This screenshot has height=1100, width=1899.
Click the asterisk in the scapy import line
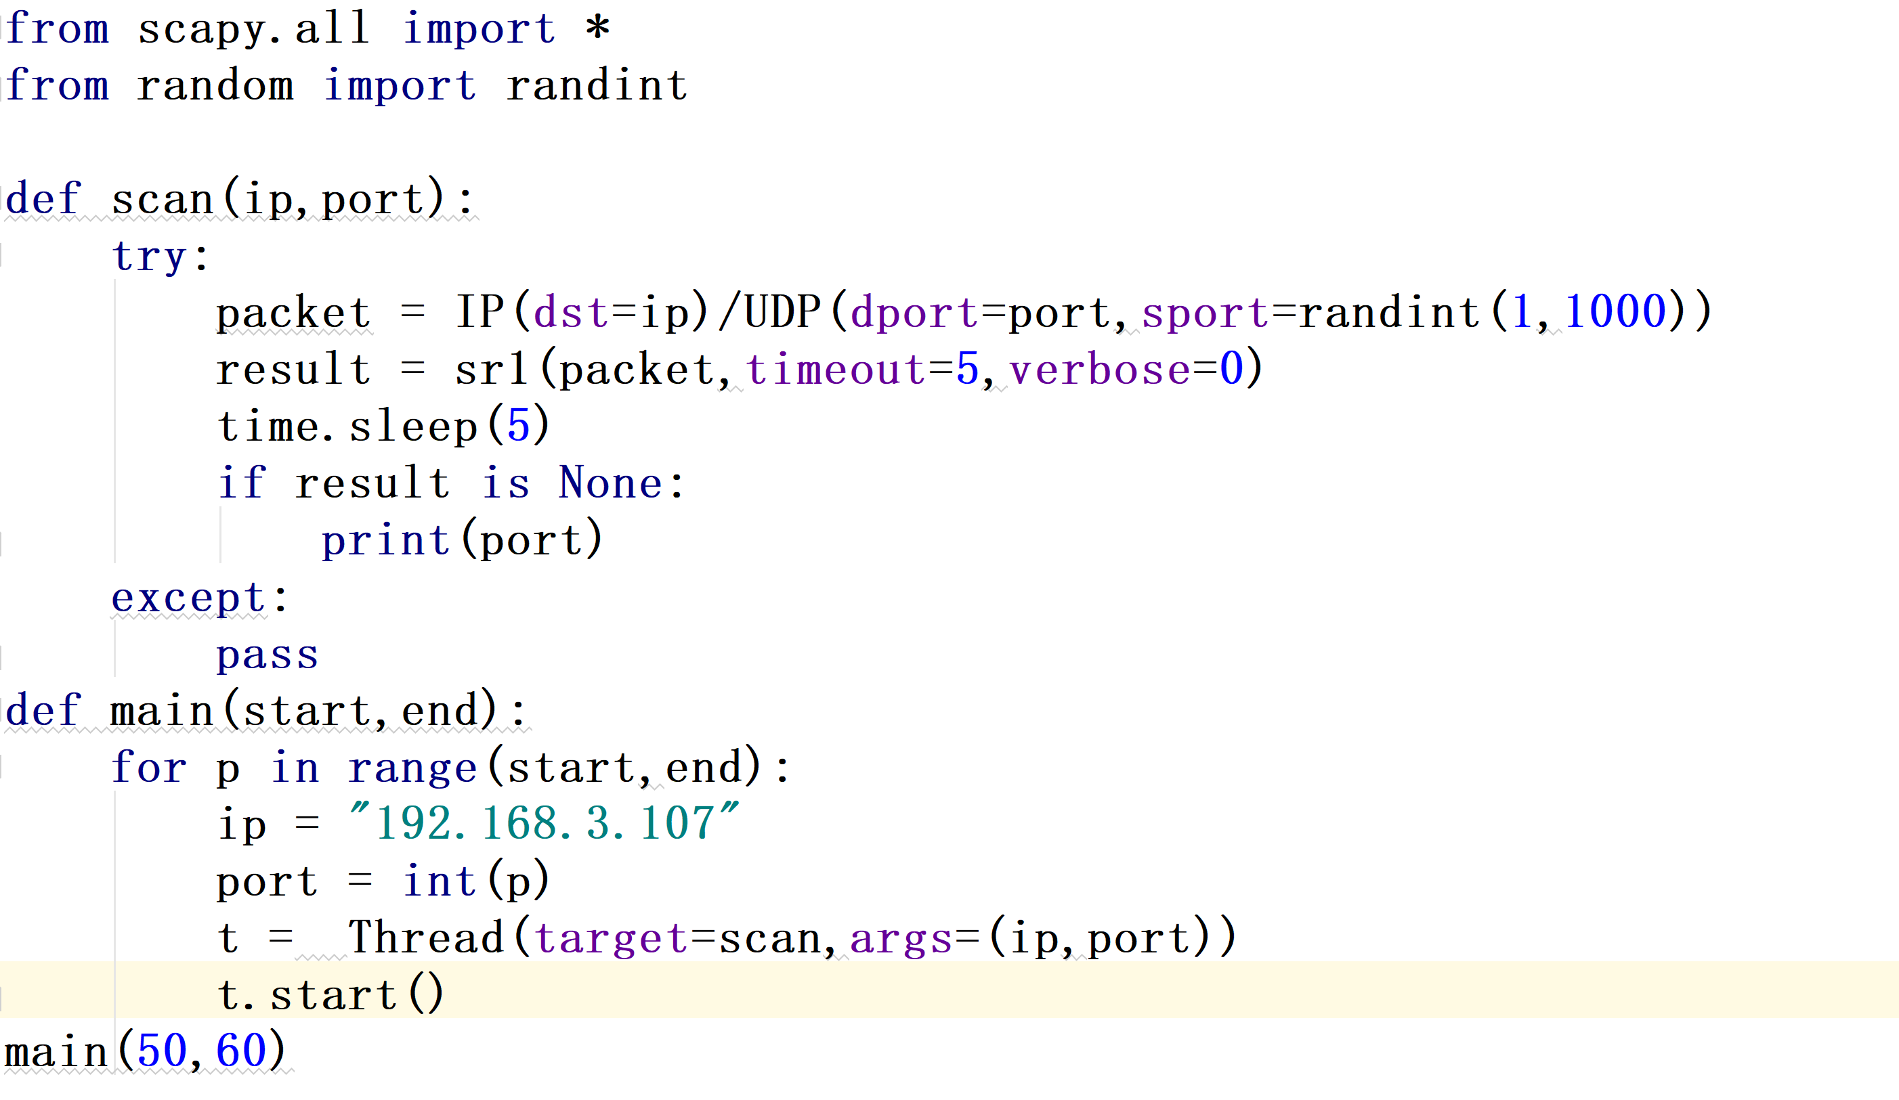(597, 28)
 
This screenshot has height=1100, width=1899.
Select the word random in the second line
(215, 85)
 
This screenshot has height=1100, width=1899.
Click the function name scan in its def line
(163, 200)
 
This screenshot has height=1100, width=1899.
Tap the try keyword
(149, 257)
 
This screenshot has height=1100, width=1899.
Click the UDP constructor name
(782, 312)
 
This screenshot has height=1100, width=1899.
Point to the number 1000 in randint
(1615, 312)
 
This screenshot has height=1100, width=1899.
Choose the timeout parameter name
(836, 370)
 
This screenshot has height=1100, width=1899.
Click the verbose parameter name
(1099, 370)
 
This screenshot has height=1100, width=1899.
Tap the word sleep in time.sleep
(413, 426)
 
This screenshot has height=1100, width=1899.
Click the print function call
(386, 541)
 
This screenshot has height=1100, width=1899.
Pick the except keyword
(188, 598)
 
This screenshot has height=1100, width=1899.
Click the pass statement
(268, 655)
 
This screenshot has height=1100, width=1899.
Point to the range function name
(412, 768)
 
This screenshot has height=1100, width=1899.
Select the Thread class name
(426, 938)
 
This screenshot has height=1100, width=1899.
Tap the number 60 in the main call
(241, 1052)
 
